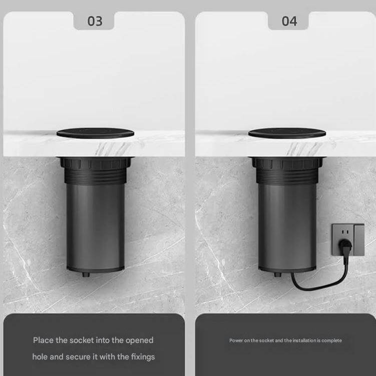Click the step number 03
coord(95,21)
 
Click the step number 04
coord(289,21)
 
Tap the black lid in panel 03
coord(95,133)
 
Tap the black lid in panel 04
coord(287,133)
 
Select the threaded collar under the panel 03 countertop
coord(95,170)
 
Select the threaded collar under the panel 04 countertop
coord(287,170)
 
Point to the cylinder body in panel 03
coord(95,227)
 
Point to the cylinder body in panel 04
coord(287,227)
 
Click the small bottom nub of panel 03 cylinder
coord(86,274)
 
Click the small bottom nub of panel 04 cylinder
coord(278,274)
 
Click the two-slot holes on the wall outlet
coord(345,232)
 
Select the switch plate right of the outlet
coord(359,240)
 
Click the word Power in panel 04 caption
coord(236,340)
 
